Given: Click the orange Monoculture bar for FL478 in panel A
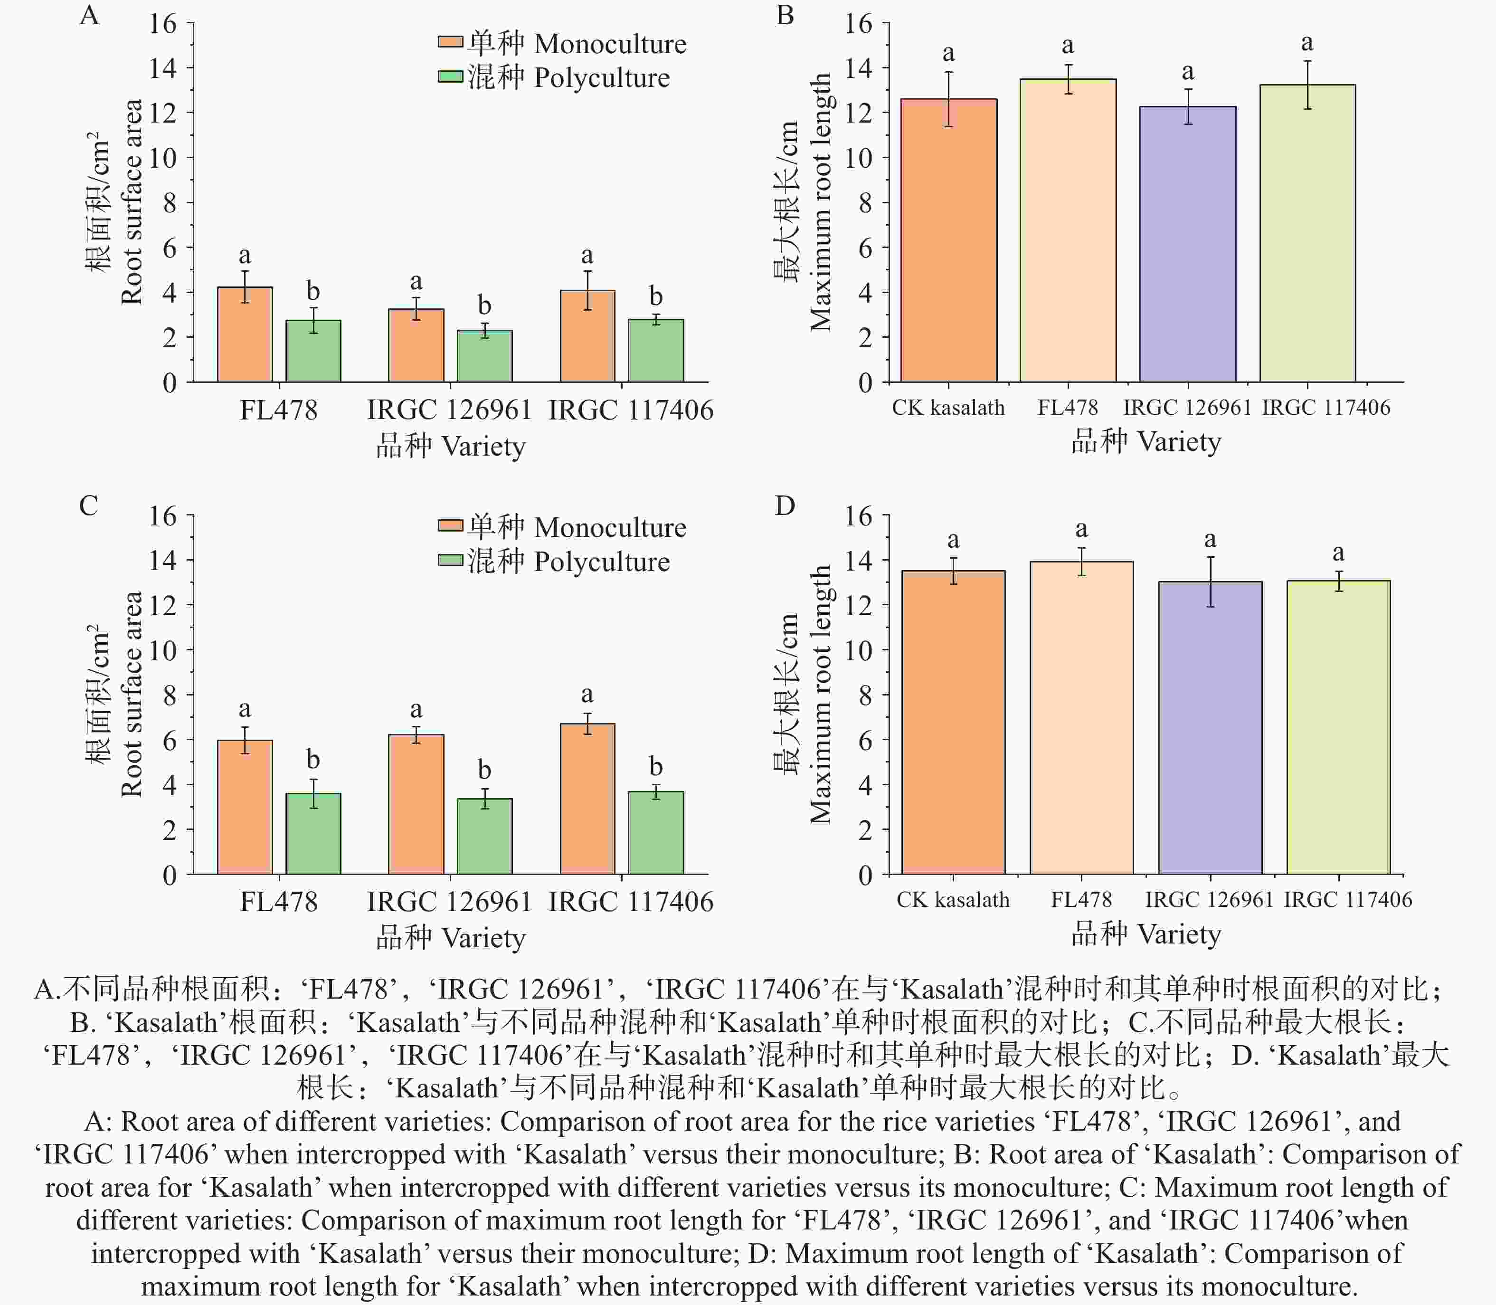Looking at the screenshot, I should tap(245, 334).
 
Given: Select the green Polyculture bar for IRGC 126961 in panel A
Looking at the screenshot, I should tap(484, 356).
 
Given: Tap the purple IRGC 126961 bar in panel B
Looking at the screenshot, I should tap(1187, 244).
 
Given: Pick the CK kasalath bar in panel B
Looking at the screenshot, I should tap(948, 240).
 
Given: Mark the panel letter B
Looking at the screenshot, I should tap(785, 15).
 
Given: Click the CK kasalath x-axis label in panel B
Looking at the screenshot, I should tap(948, 408).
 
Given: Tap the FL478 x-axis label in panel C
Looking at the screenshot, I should tap(279, 902).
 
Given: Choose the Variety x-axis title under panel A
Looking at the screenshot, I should tap(451, 446).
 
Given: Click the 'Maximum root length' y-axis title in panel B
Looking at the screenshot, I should tap(821, 202).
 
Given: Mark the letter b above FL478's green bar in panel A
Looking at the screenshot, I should tap(313, 291).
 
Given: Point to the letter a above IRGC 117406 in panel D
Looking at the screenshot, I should tap(1338, 552).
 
